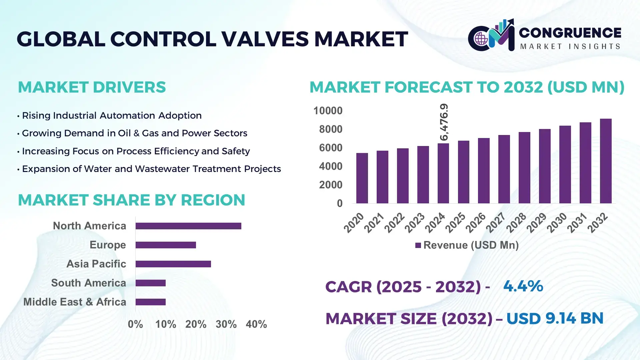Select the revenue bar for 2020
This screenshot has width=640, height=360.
click(x=362, y=178)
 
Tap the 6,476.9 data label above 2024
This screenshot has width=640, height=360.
click(x=444, y=122)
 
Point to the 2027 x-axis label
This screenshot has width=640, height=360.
click(x=496, y=223)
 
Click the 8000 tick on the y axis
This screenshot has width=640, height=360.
click(x=330, y=129)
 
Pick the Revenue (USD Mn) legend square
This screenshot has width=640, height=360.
click(x=418, y=245)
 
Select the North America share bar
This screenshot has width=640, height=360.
click(x=188, y=226)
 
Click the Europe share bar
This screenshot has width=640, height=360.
click(x=166, y=245)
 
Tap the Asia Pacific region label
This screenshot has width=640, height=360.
click(x=96, y=264)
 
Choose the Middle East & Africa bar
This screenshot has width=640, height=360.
click(x=151, y=302)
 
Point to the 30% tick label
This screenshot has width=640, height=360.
click(x=226, y=324)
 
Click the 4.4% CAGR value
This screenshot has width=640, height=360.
click(x=523, y=286)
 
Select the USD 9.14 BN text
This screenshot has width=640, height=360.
click(x=555, y=318)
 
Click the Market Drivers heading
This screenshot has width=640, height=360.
click(x=92, y=87)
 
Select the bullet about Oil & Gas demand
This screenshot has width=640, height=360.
click(x=134, y=133)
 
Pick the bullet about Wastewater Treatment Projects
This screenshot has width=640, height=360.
click(x=151, y=169)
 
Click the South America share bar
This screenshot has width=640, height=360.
click(x=151, y=283)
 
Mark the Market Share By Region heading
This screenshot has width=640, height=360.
click(x=131, y=200)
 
